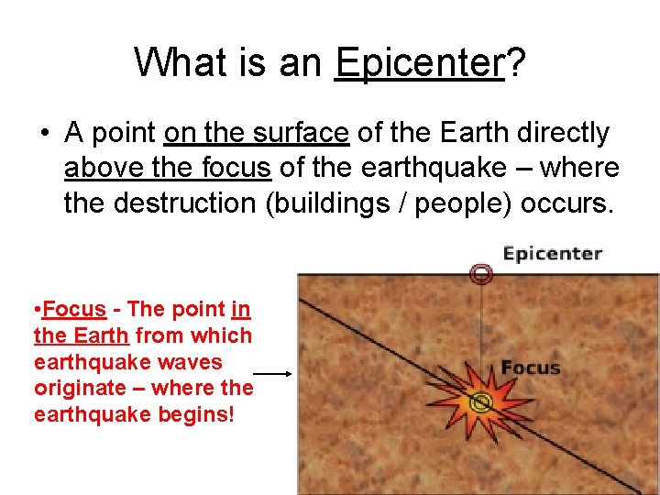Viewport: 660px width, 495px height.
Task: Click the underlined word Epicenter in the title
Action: pos(419,62)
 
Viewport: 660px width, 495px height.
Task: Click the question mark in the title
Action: pos(516,62)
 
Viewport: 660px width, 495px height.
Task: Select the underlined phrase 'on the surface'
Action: pos(257,134)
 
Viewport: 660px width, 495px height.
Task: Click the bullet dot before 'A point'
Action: pos(44,135)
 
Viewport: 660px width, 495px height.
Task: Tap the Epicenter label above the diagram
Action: pos(553,254)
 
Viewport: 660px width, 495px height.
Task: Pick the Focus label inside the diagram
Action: pos(530,368)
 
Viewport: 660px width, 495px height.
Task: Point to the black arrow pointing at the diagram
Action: pos(272,374)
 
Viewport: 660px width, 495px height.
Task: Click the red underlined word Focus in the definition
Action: pos(74,310)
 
